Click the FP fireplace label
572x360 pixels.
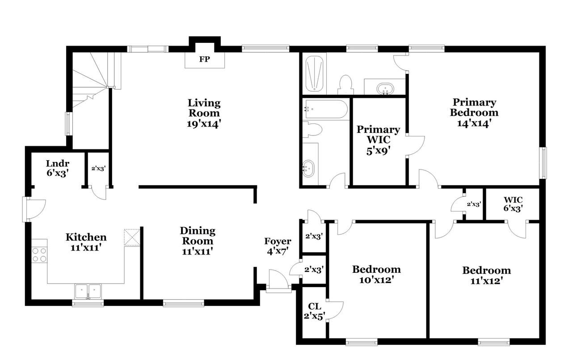[x=205, y=59]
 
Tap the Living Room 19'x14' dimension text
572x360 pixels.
[x=203, y=124]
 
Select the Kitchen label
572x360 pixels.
[x=86, y=237]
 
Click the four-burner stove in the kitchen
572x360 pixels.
[x=40, y=255]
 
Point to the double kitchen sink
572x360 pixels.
[x=88, y=291]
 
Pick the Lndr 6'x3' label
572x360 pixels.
[x=58, y=168]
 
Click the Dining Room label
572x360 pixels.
[x=198, y=236]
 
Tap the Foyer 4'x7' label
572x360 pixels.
[x=278, y=246]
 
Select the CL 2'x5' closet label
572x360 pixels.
[x=314, y=311]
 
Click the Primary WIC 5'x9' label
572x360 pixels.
[x=378, y=140]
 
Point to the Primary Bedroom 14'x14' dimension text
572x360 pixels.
[x=474, y=124]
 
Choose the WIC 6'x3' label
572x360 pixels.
[x=513, y=204]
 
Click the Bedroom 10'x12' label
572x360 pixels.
[x=376, y=275]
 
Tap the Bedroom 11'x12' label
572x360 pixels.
[x=487, y=275]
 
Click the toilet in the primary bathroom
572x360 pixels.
[x=346, y=85]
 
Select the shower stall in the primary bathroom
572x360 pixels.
[x=314, y=74]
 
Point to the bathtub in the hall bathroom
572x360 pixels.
[x=325, y=110]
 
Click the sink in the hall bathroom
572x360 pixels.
[x=308, y=169]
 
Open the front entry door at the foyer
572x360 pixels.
[x=278, y=281]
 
